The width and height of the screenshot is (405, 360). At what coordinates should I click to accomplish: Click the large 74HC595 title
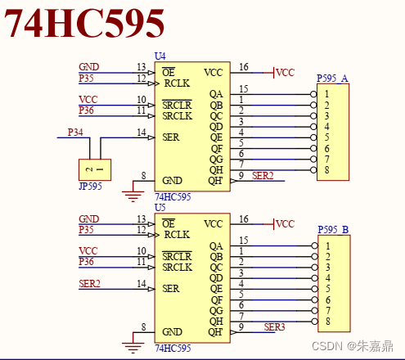(86, 25)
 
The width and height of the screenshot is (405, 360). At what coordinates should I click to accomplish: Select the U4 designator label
(160, 56)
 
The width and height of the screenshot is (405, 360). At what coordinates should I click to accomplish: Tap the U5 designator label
(160, 209)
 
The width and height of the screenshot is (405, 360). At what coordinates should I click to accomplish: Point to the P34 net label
(75, 132)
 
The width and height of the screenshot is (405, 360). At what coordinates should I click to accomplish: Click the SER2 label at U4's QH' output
(263, 176)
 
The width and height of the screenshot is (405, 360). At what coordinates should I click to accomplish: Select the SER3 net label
(275, 327)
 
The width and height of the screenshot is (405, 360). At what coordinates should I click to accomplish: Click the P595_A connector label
(332, 79)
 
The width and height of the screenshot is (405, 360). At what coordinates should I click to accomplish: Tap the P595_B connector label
(332, 230)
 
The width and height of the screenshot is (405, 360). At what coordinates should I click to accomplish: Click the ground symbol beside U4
(131, 194)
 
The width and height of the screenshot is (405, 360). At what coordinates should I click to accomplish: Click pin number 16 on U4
(244, 67)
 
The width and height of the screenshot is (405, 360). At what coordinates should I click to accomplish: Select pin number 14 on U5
(142, 283)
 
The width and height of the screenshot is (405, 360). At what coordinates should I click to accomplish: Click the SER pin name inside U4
(171, 137)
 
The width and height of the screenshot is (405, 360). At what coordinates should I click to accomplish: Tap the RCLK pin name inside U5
(177, 235)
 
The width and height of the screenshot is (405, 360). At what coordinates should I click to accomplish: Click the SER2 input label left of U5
(89, 283)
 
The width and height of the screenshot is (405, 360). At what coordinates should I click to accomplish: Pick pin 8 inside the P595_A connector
(327, 169)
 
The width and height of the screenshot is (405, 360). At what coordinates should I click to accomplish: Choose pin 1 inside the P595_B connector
(327, 245)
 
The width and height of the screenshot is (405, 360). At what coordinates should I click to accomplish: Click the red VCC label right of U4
(285, 73)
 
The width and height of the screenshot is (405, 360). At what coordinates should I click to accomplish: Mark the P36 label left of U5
(86, 261)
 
